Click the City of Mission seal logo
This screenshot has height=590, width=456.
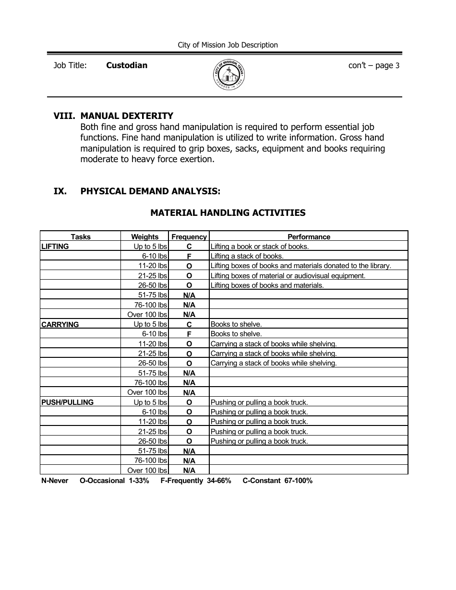click(x=228, y=75)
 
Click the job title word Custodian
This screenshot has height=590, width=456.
click(x=127, y=65)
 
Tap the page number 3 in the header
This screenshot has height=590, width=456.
click(x=397, y=66)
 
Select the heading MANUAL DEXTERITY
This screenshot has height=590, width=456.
click(x=127, y=116)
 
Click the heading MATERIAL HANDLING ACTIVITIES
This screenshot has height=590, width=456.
click(x=228, y=212)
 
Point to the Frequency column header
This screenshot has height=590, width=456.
click(x=189, y=236)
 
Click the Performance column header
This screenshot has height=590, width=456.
click(x=309, y=236)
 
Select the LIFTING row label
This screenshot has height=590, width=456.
click(x=55, y=246)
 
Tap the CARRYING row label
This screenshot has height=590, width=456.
click(x=60, y=324)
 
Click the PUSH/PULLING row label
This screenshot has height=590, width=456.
click(x=67, y=402)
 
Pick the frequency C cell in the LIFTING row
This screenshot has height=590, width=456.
click(x=189, y=247)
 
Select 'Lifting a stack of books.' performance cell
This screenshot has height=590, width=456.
click(x=247, y=256)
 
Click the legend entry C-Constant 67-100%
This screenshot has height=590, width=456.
click(x=277, y=481)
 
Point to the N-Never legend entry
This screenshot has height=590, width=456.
click(x=55, y=481)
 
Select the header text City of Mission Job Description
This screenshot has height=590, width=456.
click(x=228, y=45)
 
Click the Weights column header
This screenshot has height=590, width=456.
click(x=144, y=236)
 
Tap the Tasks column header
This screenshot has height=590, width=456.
click(x=81, y=236)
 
